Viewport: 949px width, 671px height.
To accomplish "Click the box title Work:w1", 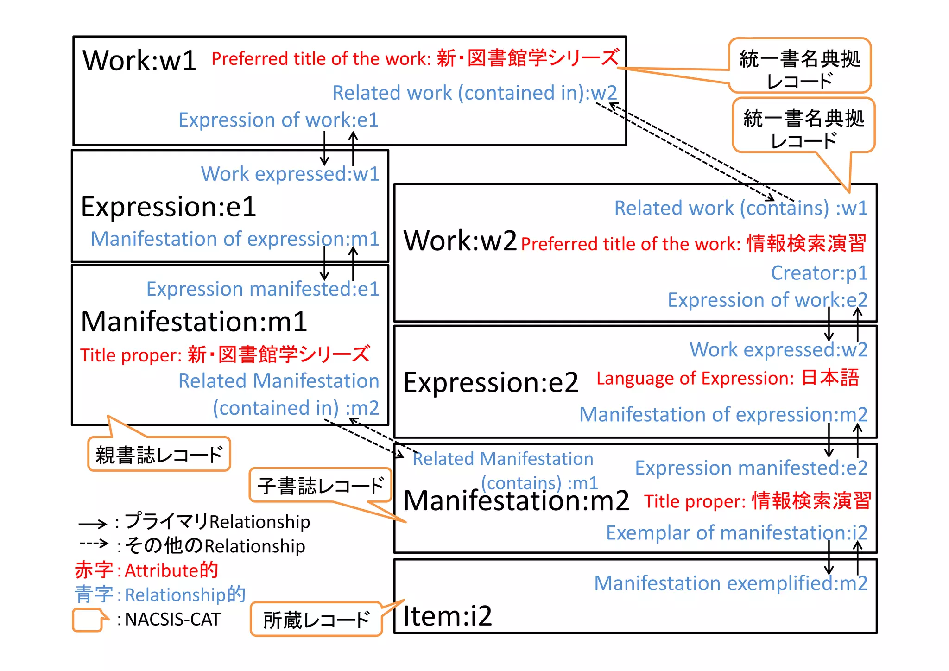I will click(x=139, y=60).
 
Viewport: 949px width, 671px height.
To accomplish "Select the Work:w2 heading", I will click(x=460, y=241).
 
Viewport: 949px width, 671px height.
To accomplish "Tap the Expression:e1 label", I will click(x=168, y=207).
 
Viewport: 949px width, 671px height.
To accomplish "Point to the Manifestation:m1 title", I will click(x=194, y=322).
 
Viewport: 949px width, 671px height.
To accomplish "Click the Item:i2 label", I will click(x=447, y=616).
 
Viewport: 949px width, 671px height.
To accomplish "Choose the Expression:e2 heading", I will click(x=491, y=383).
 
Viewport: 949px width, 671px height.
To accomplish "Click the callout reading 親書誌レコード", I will click(x=159, y=455).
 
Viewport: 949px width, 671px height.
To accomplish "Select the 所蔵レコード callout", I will click(x=316, y=620).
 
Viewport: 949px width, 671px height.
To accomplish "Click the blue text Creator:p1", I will click(x=819, y=273).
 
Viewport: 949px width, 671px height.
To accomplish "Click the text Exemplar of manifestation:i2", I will click(x=736, y=533).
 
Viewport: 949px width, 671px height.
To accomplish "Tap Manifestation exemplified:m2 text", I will click(x=730, y=583).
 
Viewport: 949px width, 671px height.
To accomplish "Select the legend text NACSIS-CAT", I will click(x=172, y=620).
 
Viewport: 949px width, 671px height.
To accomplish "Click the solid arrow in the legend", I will click(x=93, y=524).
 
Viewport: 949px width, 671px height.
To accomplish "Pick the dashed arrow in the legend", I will click(x=94, y=543).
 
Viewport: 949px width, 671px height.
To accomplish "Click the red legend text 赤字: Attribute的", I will click(x=146, y=570).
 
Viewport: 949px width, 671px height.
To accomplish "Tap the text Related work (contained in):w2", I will click(x=474, y=93).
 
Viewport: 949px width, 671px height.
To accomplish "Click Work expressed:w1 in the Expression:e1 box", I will click(x=290, y=174).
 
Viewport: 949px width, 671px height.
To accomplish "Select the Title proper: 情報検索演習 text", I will click(x=758, y=501).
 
